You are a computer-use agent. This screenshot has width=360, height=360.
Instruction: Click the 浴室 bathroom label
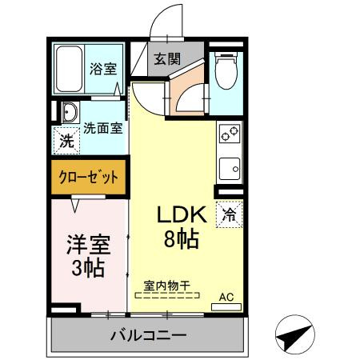102,68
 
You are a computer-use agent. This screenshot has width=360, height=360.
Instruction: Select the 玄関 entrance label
167,58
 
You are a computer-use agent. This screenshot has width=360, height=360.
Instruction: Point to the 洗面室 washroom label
103,126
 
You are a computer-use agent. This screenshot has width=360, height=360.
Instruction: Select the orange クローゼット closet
88,177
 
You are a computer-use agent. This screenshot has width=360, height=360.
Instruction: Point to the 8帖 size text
182,238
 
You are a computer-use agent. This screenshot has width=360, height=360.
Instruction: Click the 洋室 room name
87,243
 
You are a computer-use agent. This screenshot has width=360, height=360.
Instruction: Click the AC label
227,298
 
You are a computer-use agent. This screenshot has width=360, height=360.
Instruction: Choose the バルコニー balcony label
148,335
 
